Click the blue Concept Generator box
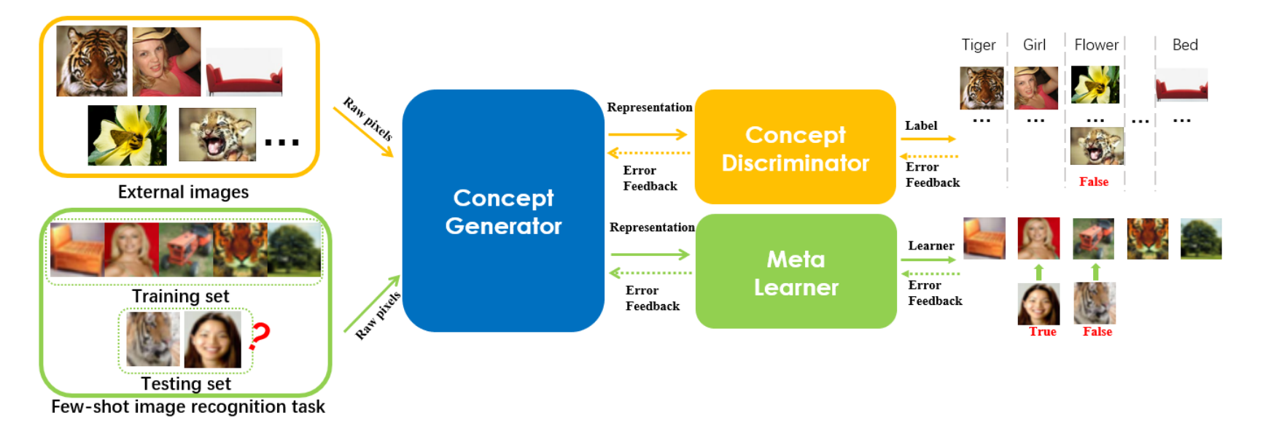[503, 212]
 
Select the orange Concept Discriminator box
[795, 147]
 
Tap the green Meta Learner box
[796, 272]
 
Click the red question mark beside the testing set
[260, 336]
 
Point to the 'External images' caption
[183, 192]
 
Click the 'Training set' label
[180, 296]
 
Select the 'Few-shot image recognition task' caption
[187, 407]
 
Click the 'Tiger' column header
[978, 45]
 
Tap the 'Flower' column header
[1095, 45]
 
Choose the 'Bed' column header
[1184, 45]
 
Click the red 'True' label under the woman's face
[1042, 332]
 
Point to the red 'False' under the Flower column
[1093, 182]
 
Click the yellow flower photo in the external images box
[127, 135]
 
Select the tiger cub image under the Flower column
[1097, 146]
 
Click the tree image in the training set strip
[295, 249]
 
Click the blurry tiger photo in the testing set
[152, 339]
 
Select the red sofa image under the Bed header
[1181, 85]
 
